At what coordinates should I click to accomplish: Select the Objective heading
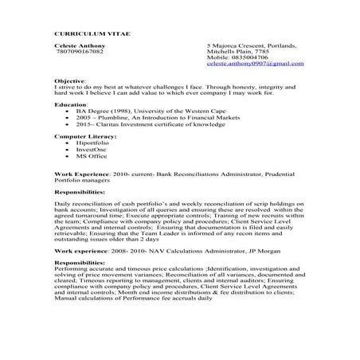69,81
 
